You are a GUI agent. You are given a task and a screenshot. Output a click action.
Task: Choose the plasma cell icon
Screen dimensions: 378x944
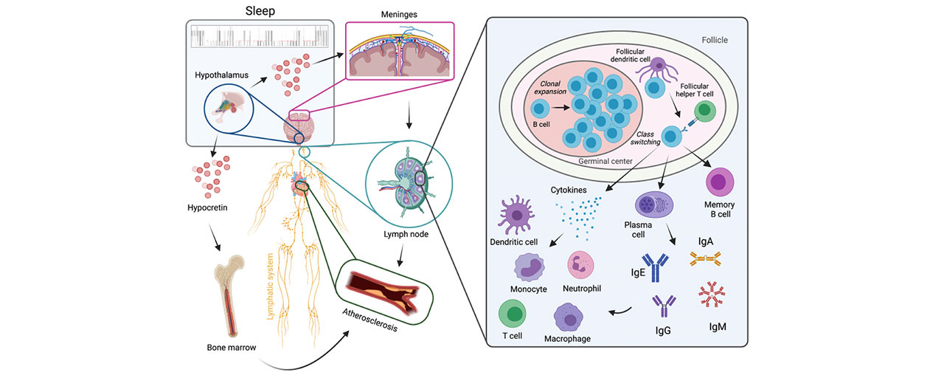[x=651, y=205]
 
